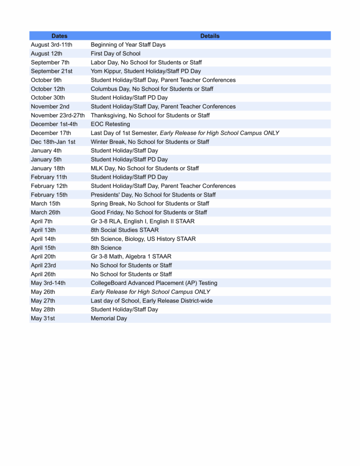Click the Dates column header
coord(59,36)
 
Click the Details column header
coord(210,36)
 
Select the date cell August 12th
coord(47,54)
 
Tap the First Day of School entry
coord(116,54)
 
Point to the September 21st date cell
coord(51,71)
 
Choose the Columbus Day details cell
coord(152,89)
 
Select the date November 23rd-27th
coord(58,116)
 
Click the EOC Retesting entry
coord(110,124)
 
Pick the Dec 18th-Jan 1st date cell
coord(53,142)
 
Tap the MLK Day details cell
coord(145,168)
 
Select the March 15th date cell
coord(46,203)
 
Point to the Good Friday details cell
coord(149,213)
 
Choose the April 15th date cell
coord(43,248)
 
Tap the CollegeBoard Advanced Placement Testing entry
coord(154,283)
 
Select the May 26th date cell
coord(43,292)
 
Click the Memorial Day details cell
coord(109,319)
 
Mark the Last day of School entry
coord(152,301)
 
